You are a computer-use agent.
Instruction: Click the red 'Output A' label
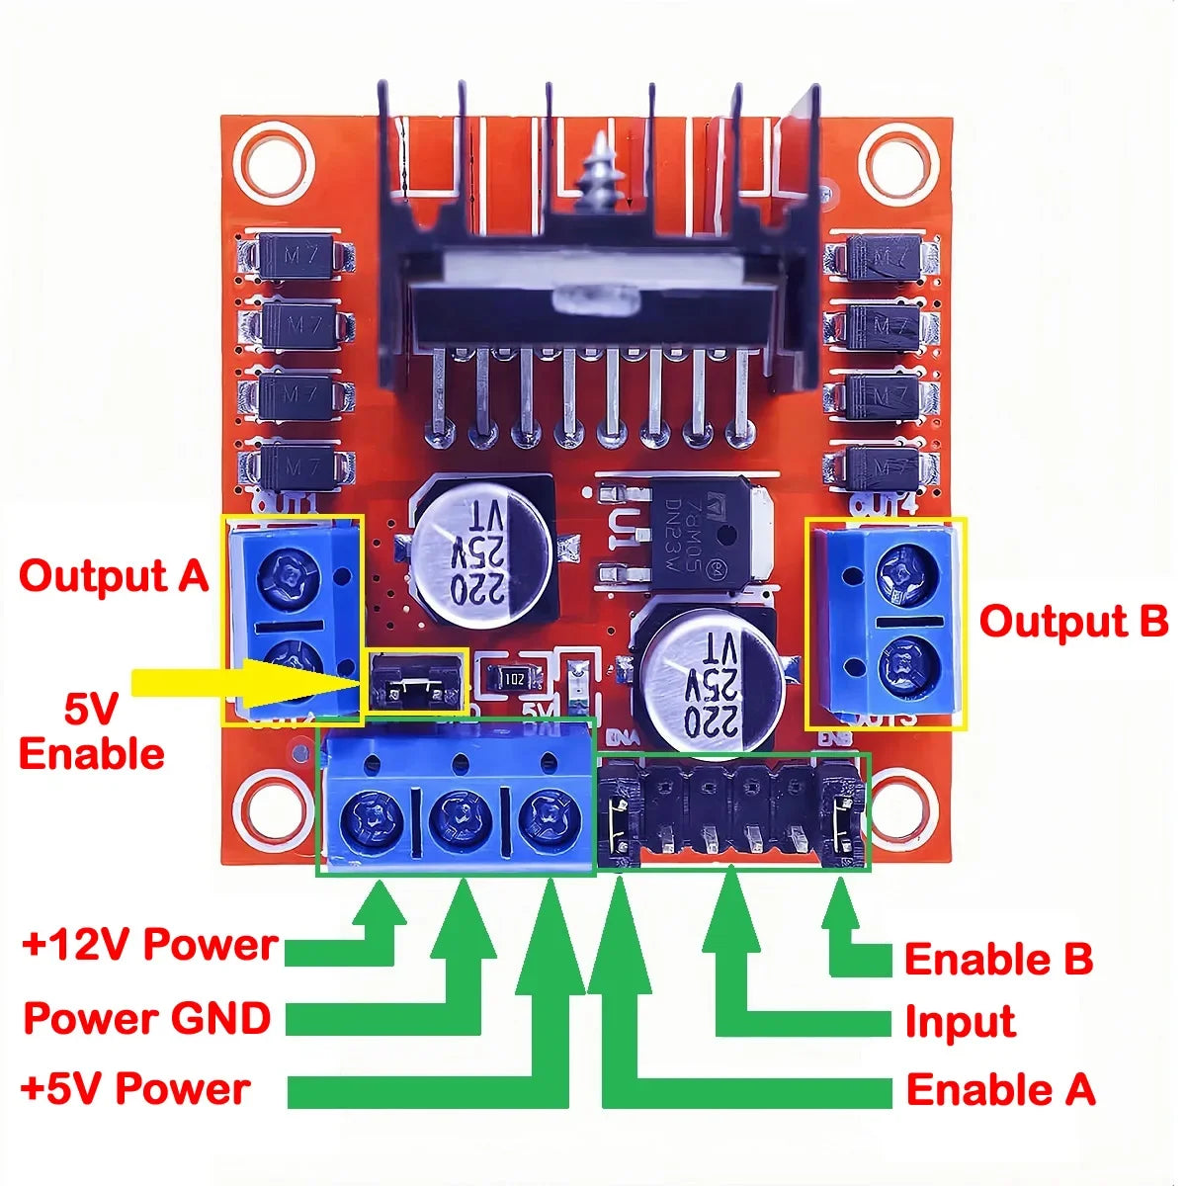(x=114, y=576)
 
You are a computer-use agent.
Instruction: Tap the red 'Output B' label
(x=1073, y=622)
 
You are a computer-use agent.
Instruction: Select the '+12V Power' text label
(x=149, y=945)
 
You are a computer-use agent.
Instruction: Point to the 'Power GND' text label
(x=147, y=1018)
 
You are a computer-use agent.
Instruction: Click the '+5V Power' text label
(x=135, y=1089)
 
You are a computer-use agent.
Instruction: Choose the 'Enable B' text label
(x=998, y=959)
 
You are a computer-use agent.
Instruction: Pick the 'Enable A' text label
(x=1000, y=1089)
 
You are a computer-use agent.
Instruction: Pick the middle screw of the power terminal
(x=458, y=819)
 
